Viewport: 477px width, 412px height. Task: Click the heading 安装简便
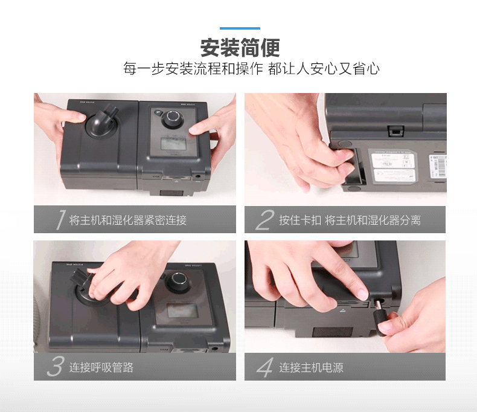(x=240, y=48)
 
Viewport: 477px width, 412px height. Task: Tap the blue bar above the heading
(x=240, y=28)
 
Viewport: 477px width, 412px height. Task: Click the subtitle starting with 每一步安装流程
(x=251, y=68)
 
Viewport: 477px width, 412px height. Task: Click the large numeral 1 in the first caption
(x=61, y=219)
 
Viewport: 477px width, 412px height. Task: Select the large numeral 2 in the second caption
(x=264, y=219)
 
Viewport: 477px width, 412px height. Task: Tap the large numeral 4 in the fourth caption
(x=265, y=367)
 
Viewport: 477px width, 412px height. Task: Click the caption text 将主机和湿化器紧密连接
(x=128, y=220)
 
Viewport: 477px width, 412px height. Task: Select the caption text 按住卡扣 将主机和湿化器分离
(x=350, y=220)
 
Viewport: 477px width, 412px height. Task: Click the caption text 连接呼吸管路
(x=101, y=367)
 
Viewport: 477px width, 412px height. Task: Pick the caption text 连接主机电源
(x=311, y=367)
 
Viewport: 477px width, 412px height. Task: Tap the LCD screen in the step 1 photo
(x=173, y=144)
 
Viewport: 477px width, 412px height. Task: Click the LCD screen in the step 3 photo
(x=182, y=311)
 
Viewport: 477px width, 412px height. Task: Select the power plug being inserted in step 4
(x=381, y=317)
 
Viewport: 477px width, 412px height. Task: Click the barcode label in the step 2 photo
(x=438, y=167)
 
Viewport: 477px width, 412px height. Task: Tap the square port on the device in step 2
(x=395, y=131)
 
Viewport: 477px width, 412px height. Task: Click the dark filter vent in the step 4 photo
(x=333, y=332)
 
